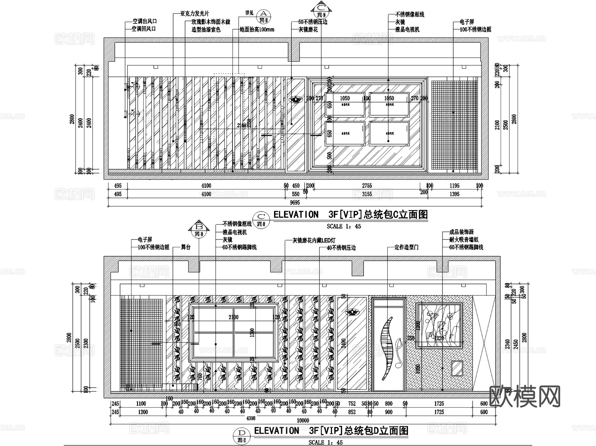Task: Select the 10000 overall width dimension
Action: pyautogui.click(x=303, y=421)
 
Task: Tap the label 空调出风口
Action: pyautogui.click(x=145, y=21)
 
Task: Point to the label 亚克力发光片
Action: pyautogui.click(x=195, y=14)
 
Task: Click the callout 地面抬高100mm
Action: pyautogui.click(x=257, y=29)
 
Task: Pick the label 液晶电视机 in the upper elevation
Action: pyautogui.click(x=407, y=29)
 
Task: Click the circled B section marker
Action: pyautogui.click(x=199, y=227)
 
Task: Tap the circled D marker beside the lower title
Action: pyautogui.click(x=242, y=433)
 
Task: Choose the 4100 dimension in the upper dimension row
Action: pyautogui.click(x=206, y=186)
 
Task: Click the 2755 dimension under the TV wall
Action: pyautogui.click(x=367, y=186)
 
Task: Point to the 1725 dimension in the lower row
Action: pyautogui.click(x=439, y=404)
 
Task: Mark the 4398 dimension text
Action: pyautogui.click(x=251, y=418)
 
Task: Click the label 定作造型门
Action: pyautogui.click(x=406, y=247)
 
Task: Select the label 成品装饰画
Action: pyautogui.click(x=461, y=232)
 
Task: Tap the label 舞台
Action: pyautogui.click(x=186, y=247)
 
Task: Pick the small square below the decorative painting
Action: pyautogui.click(x=457, y=368)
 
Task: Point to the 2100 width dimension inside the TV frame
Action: pyautogui.click(x=233, y=317)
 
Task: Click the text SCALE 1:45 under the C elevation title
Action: pyautogui.click(x=344, y=226)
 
